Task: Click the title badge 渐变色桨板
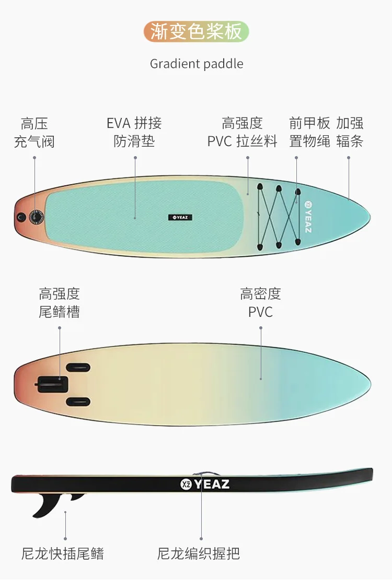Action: click(x=196, y=32)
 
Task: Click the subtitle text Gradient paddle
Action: click(x=197, y=64)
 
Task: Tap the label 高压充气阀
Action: click(x=34, y=133)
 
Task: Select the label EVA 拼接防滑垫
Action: click(x=134, y=132)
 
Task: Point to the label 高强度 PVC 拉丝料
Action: click(x=242, y=132)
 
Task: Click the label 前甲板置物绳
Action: click(x=310, y=132)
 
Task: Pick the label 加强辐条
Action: click(x=350, y=132)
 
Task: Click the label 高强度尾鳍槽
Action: click(x=59, y=303)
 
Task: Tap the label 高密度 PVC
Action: click(x=260, y=303)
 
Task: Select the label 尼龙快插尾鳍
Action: click(x=63, y=553)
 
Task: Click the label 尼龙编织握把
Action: click(x=199, y=553)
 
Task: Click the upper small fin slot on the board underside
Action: click(x=78, y=368)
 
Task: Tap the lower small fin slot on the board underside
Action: click(x=78, y=401)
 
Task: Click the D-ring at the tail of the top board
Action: click(x=21, y=216)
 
